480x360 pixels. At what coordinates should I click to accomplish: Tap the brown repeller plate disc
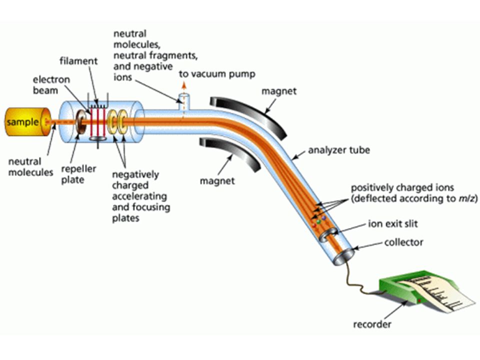81,122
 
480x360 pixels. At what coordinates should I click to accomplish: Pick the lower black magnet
229,153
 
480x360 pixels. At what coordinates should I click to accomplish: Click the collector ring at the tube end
343,256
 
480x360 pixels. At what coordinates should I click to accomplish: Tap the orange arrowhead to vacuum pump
183,85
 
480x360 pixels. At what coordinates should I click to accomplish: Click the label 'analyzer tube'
339,150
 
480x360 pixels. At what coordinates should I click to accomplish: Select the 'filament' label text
78,61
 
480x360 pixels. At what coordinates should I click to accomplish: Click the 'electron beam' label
51,85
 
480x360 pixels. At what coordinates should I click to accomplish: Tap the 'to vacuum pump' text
216,74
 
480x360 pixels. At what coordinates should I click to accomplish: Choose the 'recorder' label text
372,324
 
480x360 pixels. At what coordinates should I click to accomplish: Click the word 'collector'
404,242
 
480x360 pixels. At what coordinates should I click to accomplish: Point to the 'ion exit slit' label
393,224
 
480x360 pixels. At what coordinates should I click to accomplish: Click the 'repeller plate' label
78,174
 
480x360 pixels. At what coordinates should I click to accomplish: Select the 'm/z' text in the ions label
467,198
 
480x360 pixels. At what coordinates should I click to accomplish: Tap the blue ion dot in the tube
324,218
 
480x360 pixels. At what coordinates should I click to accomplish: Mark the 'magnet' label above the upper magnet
279,91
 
